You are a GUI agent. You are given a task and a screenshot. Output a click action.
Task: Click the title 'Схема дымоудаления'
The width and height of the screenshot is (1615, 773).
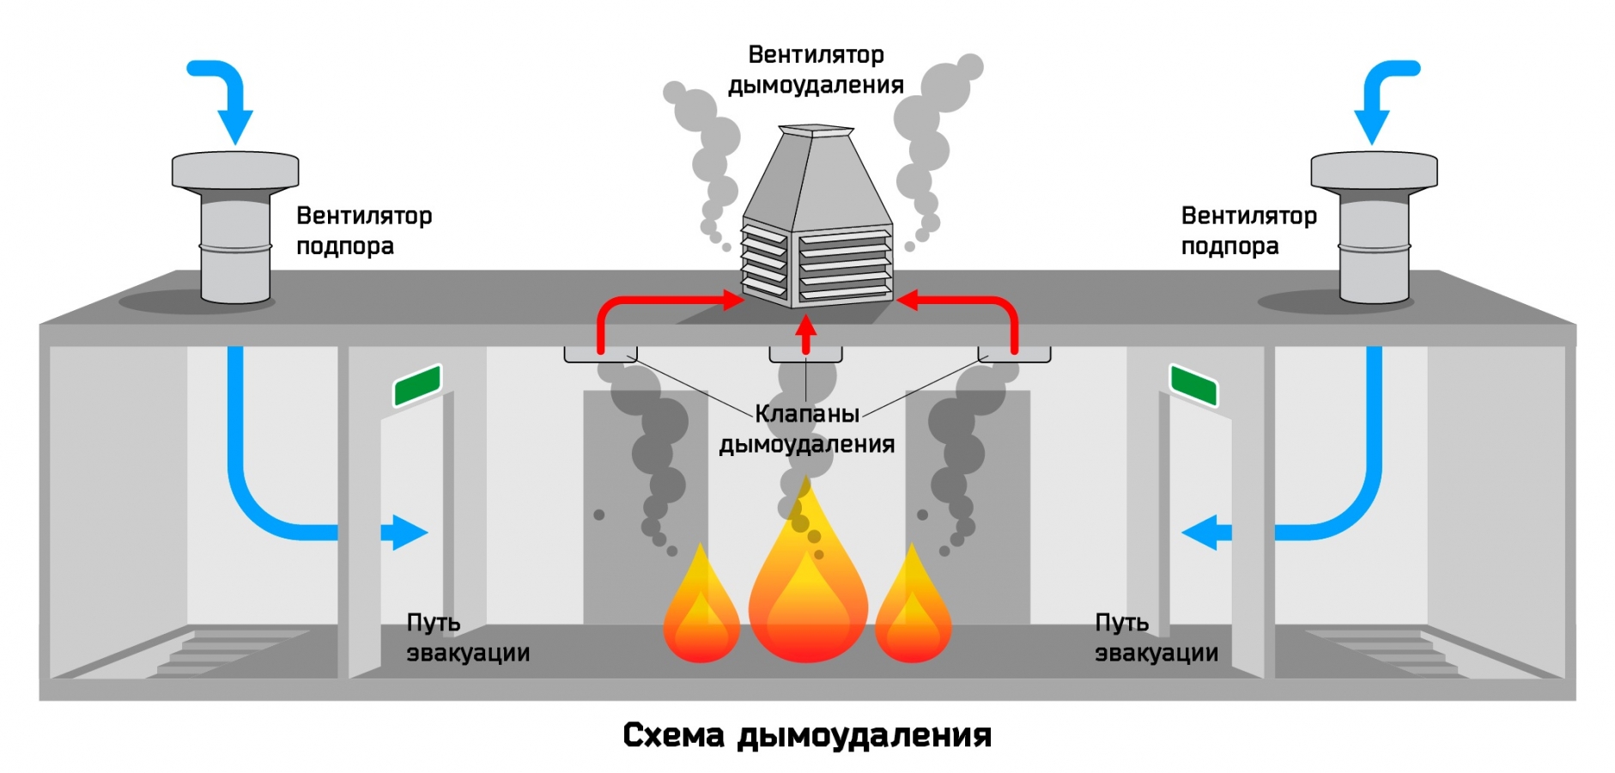[x=806, y=735]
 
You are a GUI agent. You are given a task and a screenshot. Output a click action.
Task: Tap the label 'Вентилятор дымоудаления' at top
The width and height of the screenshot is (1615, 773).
[x=815, y=70]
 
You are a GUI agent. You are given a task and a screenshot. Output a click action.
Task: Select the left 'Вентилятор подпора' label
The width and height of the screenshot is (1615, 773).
[x=364, y=230]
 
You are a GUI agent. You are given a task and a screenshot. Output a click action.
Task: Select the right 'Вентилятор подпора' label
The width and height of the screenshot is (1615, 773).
[x=1248, y=230]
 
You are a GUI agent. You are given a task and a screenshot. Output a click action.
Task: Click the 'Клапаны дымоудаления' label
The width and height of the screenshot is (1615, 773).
[x=806, y=429]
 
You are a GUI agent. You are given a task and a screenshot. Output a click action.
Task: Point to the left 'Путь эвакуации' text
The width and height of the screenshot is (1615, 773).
[x=467, y=637]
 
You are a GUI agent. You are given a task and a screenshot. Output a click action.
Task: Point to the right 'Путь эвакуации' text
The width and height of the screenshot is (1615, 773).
[x=1156, y=637]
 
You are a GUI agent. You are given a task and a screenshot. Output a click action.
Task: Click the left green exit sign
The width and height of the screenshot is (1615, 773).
[x=417, y=385]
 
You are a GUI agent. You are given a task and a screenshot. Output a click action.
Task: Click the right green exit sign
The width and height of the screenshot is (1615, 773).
[x=1193, y=385]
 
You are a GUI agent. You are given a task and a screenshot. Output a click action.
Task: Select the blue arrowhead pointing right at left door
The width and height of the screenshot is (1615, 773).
[x=409, y=533]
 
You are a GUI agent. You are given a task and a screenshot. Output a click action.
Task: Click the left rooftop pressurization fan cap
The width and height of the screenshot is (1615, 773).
[x=235, y=170]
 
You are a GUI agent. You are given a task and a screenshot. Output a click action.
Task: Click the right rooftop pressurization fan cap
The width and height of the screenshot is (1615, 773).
[x=1374, y=170]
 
